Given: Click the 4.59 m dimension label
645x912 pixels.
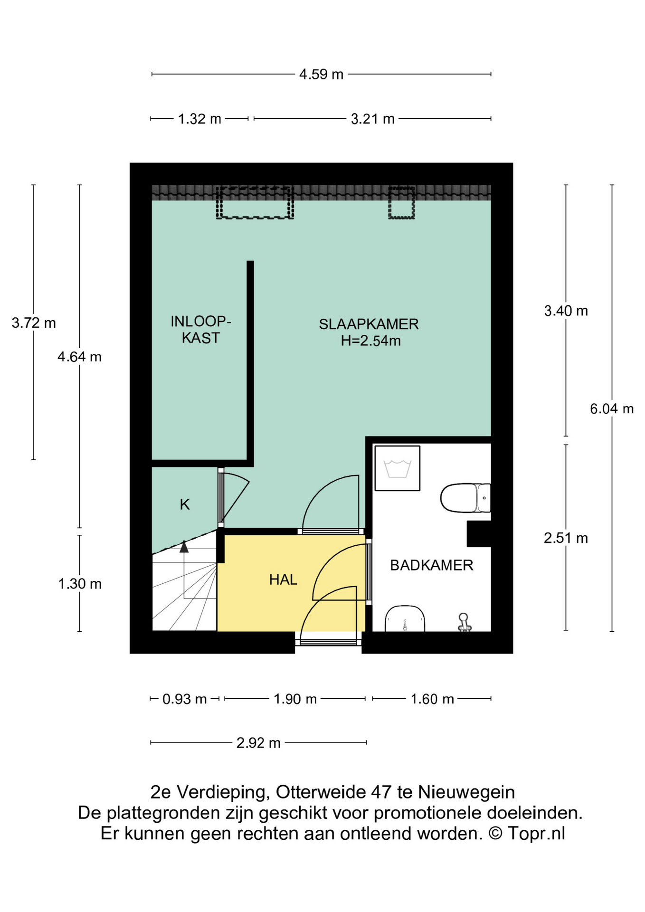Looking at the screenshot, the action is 321,75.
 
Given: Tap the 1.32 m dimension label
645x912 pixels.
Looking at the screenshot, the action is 199,119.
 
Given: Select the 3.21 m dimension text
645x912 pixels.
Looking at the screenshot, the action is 373,119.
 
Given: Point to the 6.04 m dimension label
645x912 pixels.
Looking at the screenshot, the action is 612,408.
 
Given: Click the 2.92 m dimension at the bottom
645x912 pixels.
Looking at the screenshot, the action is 258,743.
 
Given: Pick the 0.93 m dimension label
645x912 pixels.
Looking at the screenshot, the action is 184,699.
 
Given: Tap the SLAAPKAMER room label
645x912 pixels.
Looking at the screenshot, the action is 369,324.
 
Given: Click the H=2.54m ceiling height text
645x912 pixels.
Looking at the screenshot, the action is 370,341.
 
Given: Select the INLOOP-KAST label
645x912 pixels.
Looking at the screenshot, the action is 200,330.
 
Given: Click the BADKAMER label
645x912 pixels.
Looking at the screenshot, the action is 432,565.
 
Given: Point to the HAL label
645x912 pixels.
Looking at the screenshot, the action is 283,579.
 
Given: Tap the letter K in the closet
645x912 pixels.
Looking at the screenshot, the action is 185,504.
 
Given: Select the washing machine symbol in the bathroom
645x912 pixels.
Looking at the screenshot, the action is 398,468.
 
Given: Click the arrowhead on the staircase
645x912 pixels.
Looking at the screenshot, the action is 184,547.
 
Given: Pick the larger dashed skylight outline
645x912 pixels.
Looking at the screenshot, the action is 255,203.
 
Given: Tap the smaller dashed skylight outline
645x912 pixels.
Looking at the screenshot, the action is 402,203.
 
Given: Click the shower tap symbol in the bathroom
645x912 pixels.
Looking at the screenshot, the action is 464,622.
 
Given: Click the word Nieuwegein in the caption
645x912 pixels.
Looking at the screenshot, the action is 466,792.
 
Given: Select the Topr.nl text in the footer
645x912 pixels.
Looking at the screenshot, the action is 536,834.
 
